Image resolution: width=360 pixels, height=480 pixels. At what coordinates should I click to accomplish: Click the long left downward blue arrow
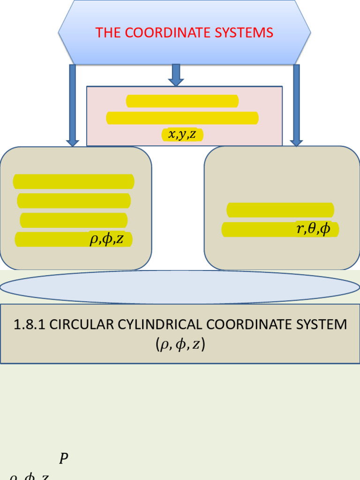pos(73,105)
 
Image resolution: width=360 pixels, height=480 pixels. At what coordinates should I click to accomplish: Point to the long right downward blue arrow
pos(296,105)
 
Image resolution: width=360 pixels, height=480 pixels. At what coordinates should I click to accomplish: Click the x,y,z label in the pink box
pos(183,135)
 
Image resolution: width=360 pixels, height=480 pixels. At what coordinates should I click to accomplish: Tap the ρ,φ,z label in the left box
pos(106,240)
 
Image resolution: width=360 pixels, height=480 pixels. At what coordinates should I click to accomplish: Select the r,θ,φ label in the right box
pos(313,229)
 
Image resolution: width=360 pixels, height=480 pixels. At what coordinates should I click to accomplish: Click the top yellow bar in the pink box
pos(182,101)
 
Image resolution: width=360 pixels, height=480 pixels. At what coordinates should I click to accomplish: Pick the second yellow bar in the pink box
pos(182,118)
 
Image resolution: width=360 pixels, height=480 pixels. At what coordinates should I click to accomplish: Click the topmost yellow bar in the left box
pos(74,181)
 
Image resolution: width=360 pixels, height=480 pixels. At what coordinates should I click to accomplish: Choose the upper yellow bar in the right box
pos(280,210)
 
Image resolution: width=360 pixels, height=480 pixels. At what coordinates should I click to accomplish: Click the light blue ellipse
pos(180,287)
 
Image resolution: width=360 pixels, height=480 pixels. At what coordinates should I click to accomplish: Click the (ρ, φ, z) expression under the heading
pos(180,345)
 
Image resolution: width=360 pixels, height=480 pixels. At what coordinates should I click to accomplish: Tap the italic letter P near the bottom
pos(64,458)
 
